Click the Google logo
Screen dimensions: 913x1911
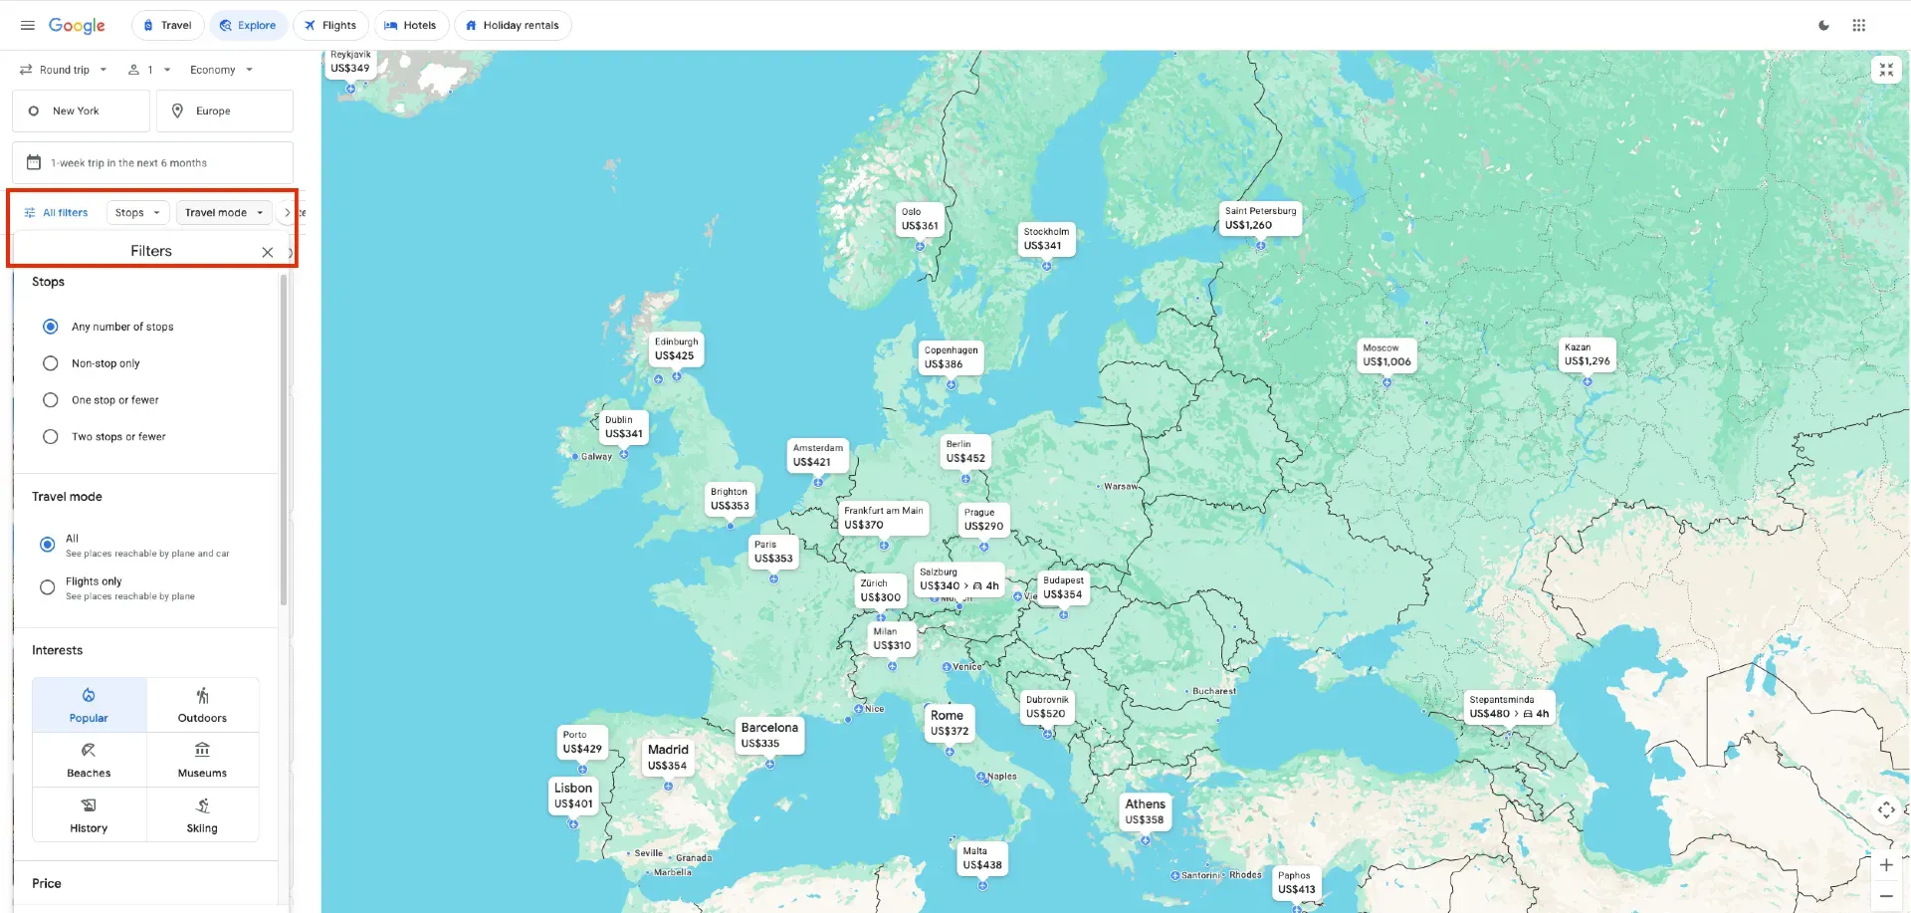click(x=77, y=26)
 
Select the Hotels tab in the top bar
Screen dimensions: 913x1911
click(x=410, y=26)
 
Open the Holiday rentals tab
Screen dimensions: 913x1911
click(x=512, y=26)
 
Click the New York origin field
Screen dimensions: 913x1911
click(x=81, y=112)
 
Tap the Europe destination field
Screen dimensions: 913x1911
click(x=225, y=112)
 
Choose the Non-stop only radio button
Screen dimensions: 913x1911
click(x=51, y=363)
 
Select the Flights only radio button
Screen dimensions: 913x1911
click(x=48, y=587)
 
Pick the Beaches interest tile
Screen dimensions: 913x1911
click(x=89, y=760)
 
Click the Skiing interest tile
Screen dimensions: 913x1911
click(x=202, y=814)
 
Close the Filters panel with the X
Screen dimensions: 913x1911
click(x=268, y=252)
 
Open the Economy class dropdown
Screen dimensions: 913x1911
click(x=221, y=70)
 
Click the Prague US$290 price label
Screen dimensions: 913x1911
click(x=983, y=520)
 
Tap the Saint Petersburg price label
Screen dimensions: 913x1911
click(x=1260, y=218)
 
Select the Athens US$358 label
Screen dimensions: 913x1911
click(x=1145, y=811)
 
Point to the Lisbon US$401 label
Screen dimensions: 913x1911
click(x=573, y=796)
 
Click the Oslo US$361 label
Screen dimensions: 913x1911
click(x=920, y=219)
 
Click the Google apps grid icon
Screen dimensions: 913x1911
click(x=1858, y=26)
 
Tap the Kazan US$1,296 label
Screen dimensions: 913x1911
click(x=1587, y=354)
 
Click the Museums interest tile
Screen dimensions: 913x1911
click(x=202, y=760)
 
